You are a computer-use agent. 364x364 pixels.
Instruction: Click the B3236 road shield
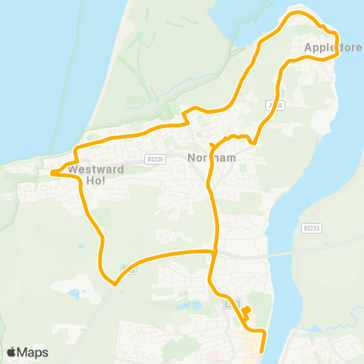click(x=156, y=159)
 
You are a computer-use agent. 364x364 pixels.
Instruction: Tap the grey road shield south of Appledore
click(x=275, y=105)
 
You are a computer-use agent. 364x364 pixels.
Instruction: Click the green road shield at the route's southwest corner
click(x=127, y=270)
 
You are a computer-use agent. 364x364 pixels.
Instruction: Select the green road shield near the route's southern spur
click(x=232, y=303)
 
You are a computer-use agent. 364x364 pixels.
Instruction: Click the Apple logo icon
click(x=11, y=352)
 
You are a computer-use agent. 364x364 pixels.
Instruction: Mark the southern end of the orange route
click(x=262, y=351)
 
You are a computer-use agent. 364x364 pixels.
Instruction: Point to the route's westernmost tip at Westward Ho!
click(x=52, y=173)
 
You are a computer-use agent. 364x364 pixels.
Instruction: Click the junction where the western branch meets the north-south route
click(x=216, y=251)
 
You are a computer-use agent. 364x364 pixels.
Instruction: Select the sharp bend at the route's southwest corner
click(x=115, y=284)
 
